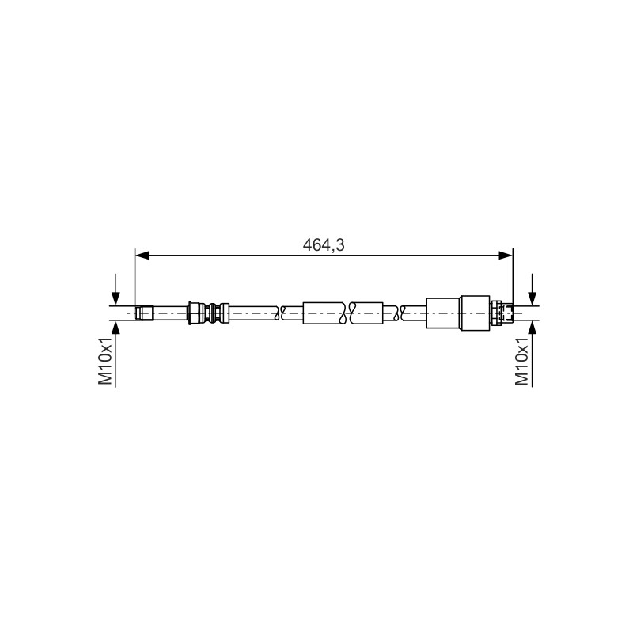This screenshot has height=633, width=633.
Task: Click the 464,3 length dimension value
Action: (324, 245)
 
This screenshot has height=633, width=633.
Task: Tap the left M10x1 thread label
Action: (106, 360)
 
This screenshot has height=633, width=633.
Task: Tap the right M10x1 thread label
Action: (522, 360)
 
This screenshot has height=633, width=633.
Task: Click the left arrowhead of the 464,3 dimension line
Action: (142, 255)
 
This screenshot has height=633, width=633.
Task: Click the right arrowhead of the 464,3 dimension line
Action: (506, 255)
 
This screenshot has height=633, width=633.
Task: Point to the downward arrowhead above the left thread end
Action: (116, 299)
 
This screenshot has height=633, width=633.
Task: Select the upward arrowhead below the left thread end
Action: (116, 328)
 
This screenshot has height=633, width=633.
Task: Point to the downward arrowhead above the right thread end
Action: (533, 299)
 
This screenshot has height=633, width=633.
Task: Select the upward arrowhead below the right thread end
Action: (533, 328)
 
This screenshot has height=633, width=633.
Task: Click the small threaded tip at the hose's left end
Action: (144, 313)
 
